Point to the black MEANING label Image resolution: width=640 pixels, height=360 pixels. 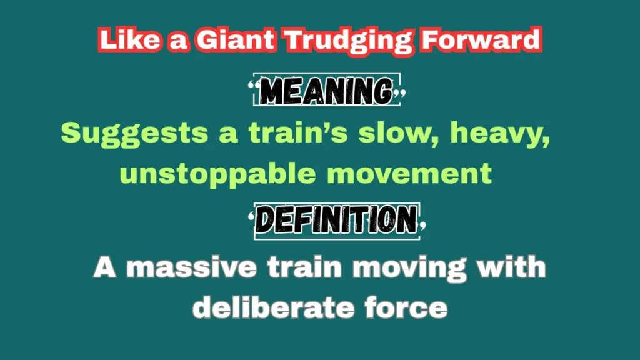[x=326, y=90]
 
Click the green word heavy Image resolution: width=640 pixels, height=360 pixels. [x=500, y=134]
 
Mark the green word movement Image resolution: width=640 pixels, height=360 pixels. [x=409, y=174]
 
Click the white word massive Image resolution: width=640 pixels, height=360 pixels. [x=191, y=267]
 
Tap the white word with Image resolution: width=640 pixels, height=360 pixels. [x=511, y=267]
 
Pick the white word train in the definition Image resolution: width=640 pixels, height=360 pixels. [x=304, y=267]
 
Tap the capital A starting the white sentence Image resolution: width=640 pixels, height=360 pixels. [x=105, y=267]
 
